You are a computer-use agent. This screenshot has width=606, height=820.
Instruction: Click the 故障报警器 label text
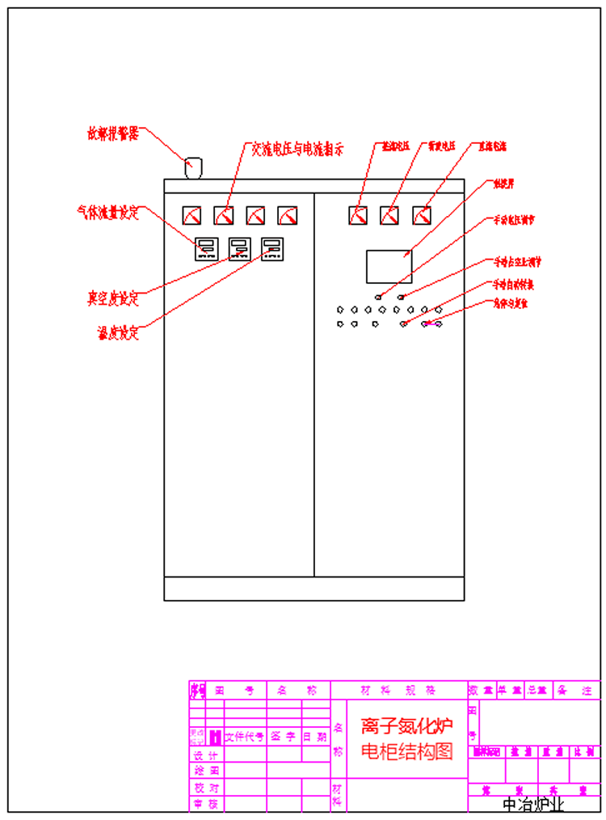113,133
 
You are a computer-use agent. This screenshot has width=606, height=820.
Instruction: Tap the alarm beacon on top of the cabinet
193,167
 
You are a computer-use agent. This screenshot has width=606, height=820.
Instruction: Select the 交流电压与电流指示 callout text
297,149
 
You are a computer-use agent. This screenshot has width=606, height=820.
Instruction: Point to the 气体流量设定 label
108,213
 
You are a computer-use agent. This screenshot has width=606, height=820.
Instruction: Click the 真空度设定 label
113,298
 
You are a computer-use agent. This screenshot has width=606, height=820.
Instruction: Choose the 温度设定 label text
117,332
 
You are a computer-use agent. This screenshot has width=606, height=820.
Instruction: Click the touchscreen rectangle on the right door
389,266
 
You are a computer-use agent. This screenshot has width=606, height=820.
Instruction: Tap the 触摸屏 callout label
503,184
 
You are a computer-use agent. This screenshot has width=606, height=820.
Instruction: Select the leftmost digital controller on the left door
206,247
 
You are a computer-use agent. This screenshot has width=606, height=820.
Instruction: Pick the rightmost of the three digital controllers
272,247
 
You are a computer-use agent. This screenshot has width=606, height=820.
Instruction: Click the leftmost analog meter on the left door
191,215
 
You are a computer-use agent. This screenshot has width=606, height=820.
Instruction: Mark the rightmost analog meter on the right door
421,215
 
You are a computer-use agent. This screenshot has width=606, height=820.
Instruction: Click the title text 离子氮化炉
406,725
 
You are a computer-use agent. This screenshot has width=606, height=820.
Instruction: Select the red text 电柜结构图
406,751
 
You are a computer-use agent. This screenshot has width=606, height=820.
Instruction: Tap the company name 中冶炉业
532,805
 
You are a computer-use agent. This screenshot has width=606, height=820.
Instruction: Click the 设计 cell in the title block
205,754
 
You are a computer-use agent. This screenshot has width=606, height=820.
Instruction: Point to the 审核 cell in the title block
205,804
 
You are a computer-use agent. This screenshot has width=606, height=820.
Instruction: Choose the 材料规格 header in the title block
398,691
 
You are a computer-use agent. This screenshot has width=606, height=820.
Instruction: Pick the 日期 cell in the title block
315,737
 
